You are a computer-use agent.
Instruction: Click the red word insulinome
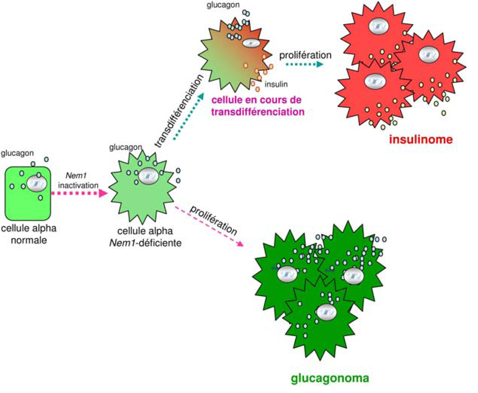click(421, 139)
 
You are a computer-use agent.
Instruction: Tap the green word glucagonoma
click(330, 378)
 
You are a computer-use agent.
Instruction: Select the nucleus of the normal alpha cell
click(37, 183)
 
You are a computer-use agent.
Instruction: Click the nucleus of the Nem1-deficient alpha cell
click(148, 176)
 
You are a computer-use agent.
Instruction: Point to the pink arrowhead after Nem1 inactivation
click(103, 193)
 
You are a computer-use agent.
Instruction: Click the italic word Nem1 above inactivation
click(76, 176)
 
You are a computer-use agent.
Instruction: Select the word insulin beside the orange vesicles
click(276, 84)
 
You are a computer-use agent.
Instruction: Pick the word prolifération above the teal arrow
click(305, 55)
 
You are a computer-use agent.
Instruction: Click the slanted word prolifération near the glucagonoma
click(213, 220)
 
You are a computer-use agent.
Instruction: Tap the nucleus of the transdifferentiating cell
click(251, 43)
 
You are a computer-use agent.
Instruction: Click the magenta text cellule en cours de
click(256, 100)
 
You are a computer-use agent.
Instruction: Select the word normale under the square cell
click(29, 240)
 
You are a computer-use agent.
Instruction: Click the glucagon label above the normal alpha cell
click(17, 153)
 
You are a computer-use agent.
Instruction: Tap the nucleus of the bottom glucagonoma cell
click(326, 312)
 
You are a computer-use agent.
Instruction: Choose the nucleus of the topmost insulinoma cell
click(378, 26)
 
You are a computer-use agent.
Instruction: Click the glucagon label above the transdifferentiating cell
click(223, 5)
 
